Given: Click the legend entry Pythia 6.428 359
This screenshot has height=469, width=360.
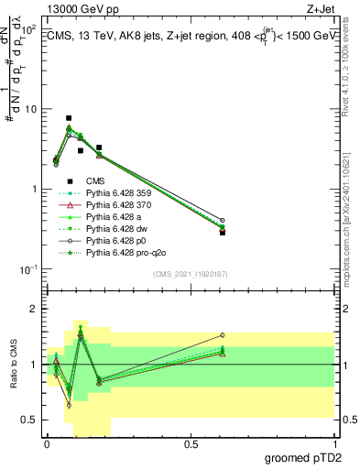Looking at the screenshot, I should tap(115, 193).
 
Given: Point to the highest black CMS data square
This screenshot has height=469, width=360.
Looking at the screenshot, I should tap(69, 118).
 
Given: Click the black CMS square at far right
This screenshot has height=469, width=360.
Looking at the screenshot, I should tap(223, 233).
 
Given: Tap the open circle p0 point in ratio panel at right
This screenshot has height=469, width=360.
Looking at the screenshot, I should tap(223, 335).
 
